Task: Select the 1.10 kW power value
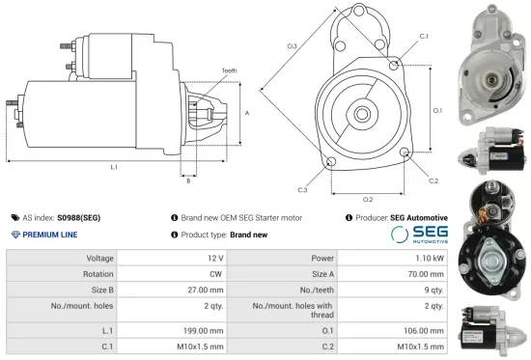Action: coord(432,259)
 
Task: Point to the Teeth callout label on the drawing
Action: coord(228,70)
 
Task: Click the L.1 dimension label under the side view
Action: coord(113,168)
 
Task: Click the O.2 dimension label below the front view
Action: coord(368,199)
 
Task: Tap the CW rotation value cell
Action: coord(215,274)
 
